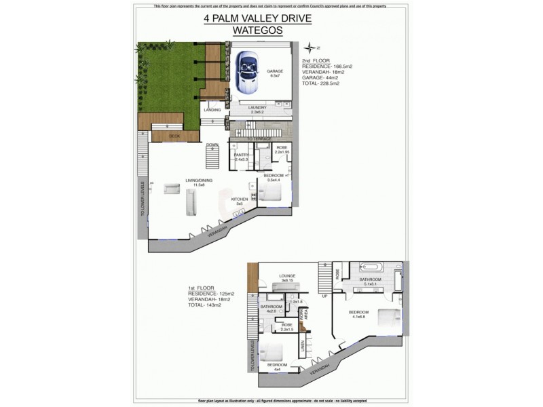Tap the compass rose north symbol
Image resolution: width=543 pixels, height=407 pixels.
pyautogui.click(x=312, y=47)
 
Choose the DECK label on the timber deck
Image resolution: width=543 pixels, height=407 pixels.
pyautogui.click(x=165, y=136)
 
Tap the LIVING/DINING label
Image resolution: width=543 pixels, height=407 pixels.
pyautogui.click(x=200, y=180)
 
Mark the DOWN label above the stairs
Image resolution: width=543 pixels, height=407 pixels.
pyautogui.click(x=212, y=144)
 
